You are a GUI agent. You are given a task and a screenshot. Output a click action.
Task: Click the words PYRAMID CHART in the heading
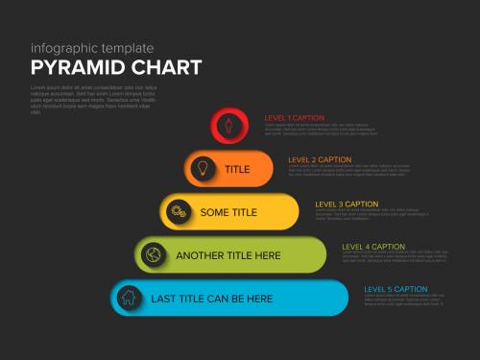116,67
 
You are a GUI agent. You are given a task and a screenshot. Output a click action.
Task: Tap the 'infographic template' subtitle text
92,47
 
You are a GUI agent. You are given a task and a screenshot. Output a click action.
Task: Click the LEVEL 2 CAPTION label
320,159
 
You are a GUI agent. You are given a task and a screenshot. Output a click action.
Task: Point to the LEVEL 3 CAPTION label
347,204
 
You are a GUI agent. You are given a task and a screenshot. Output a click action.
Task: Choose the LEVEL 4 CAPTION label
373,247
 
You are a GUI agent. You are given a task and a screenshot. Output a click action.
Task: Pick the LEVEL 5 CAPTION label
396,289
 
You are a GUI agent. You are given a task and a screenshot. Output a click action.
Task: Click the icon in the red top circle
228,125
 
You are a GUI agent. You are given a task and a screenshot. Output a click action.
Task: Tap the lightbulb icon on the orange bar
203,168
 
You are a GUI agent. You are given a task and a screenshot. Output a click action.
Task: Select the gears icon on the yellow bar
177,211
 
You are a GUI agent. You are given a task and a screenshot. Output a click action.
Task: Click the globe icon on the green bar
152,254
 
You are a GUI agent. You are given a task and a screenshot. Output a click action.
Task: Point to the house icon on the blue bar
128,298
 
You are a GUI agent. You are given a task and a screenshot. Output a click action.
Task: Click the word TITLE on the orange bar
237,169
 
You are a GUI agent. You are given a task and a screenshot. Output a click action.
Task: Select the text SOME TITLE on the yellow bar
228,212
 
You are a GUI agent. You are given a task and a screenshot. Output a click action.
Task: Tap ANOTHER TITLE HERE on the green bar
228,255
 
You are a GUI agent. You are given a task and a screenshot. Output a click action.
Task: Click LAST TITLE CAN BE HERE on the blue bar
212,299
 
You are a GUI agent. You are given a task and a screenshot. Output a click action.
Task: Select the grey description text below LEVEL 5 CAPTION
402,301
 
